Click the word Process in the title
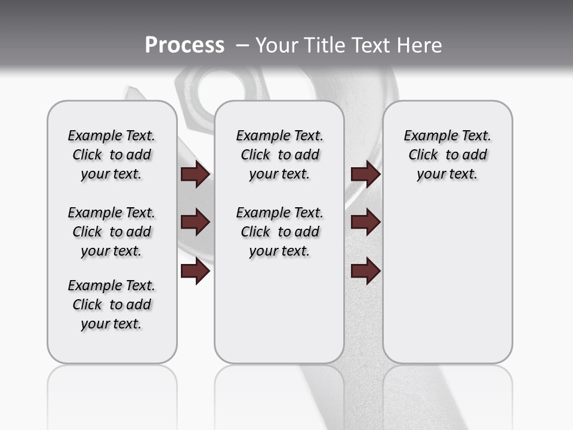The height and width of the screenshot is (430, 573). [x=184, y=45]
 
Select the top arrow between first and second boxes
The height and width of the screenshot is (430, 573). [x=196, y=174]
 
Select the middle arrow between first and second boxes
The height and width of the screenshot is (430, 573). [x=196, y=223]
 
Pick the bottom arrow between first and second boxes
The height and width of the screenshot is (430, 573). [x=196, y=272]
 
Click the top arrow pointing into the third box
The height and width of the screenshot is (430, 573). [x=366, y=174]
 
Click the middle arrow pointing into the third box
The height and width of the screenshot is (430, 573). [x=366, y=223]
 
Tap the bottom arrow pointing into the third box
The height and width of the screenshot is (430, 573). [x=366, y=272]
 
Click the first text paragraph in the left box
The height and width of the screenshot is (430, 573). [x=112, y=155]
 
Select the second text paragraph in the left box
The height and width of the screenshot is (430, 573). [x=112, y=232]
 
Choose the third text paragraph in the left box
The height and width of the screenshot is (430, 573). [x=112, y=305]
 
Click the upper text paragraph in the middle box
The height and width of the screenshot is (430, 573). [x=279, y=155]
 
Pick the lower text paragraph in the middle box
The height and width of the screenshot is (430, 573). [x=279, y=232]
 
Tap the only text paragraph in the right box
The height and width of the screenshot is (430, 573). [x=448, y=155]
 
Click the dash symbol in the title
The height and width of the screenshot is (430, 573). [x=242, y=45]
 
